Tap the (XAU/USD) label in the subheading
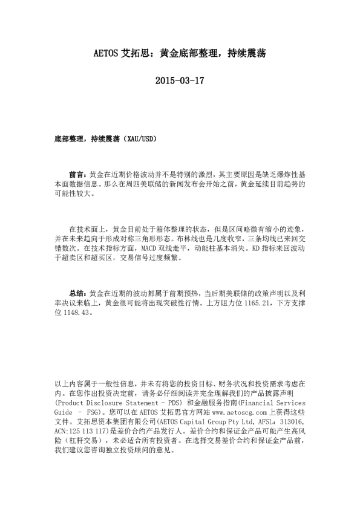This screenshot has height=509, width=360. point(140,139)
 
